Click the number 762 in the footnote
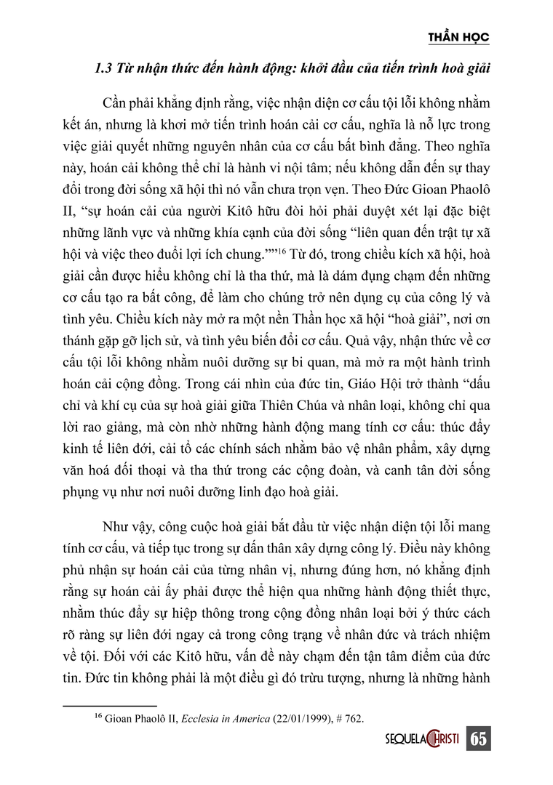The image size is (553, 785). point(352,720)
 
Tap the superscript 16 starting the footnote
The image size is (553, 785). point(99,717)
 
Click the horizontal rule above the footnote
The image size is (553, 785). point(110,705)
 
